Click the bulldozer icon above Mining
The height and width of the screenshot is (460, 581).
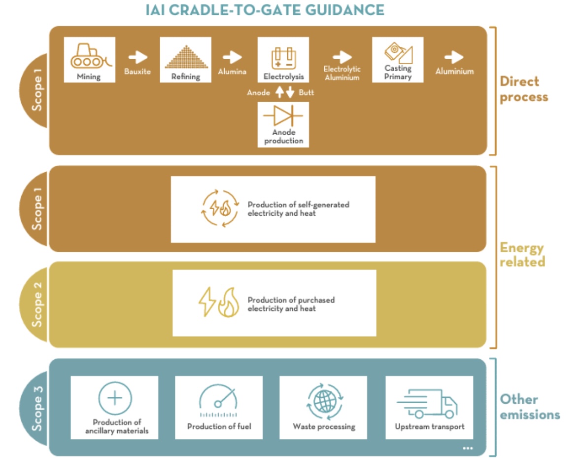pos(89,56)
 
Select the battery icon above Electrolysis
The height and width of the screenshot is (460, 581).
pos(283,57)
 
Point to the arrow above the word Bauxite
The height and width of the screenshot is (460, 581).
pos(137,57)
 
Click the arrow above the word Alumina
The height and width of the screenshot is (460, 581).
pos(232,57)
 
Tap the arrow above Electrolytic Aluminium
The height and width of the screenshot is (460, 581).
pos(342,57)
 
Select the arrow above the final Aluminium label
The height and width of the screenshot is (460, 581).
pos(454,57)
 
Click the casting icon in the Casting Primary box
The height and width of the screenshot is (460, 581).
pos(398,52)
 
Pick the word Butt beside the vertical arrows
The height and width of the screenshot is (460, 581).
pos(306,92)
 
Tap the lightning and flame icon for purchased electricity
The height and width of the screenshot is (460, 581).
pos(218,303)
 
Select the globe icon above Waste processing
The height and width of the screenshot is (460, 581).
pos(324,401)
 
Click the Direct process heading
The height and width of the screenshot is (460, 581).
pos(523,89)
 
